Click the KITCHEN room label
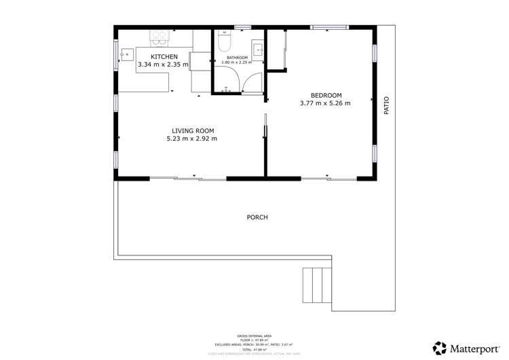click(164, 57)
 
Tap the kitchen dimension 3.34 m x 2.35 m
click(164, 65)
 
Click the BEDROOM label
click(326, 95)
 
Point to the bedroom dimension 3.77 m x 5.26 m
click(325, 103)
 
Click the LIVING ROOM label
click(192, 130)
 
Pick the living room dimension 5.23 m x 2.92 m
click(192, 139)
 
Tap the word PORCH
click(257, 217)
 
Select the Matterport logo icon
click(440, 348)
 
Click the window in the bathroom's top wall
click(242, 27)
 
